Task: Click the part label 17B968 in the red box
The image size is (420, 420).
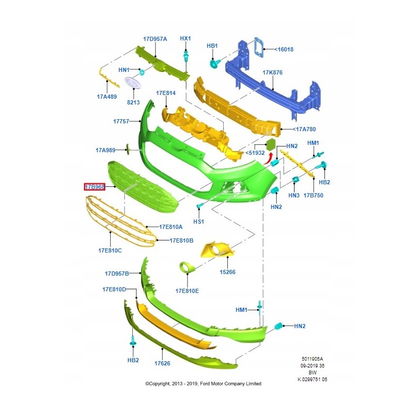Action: (94, 187)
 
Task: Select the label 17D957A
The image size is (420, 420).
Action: (155, 39)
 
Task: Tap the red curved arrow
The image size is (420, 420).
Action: (268, 159)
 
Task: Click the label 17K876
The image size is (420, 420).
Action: (272, 72)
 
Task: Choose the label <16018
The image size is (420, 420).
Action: (284, 49)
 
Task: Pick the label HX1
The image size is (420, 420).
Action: (185, 38)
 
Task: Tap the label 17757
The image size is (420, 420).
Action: (121, 121)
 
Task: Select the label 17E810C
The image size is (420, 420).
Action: (110, 250)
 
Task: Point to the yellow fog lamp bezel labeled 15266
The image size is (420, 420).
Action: (217, 250)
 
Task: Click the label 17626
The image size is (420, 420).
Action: (162, 363)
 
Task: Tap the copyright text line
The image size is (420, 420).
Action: (203, 384)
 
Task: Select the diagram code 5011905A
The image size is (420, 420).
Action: (312, 359)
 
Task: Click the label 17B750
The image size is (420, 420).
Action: (313, 195)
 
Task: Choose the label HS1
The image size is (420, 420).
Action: (198, 222)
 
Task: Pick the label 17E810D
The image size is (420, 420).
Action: (114, 289)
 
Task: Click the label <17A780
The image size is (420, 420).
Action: (304, 129)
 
